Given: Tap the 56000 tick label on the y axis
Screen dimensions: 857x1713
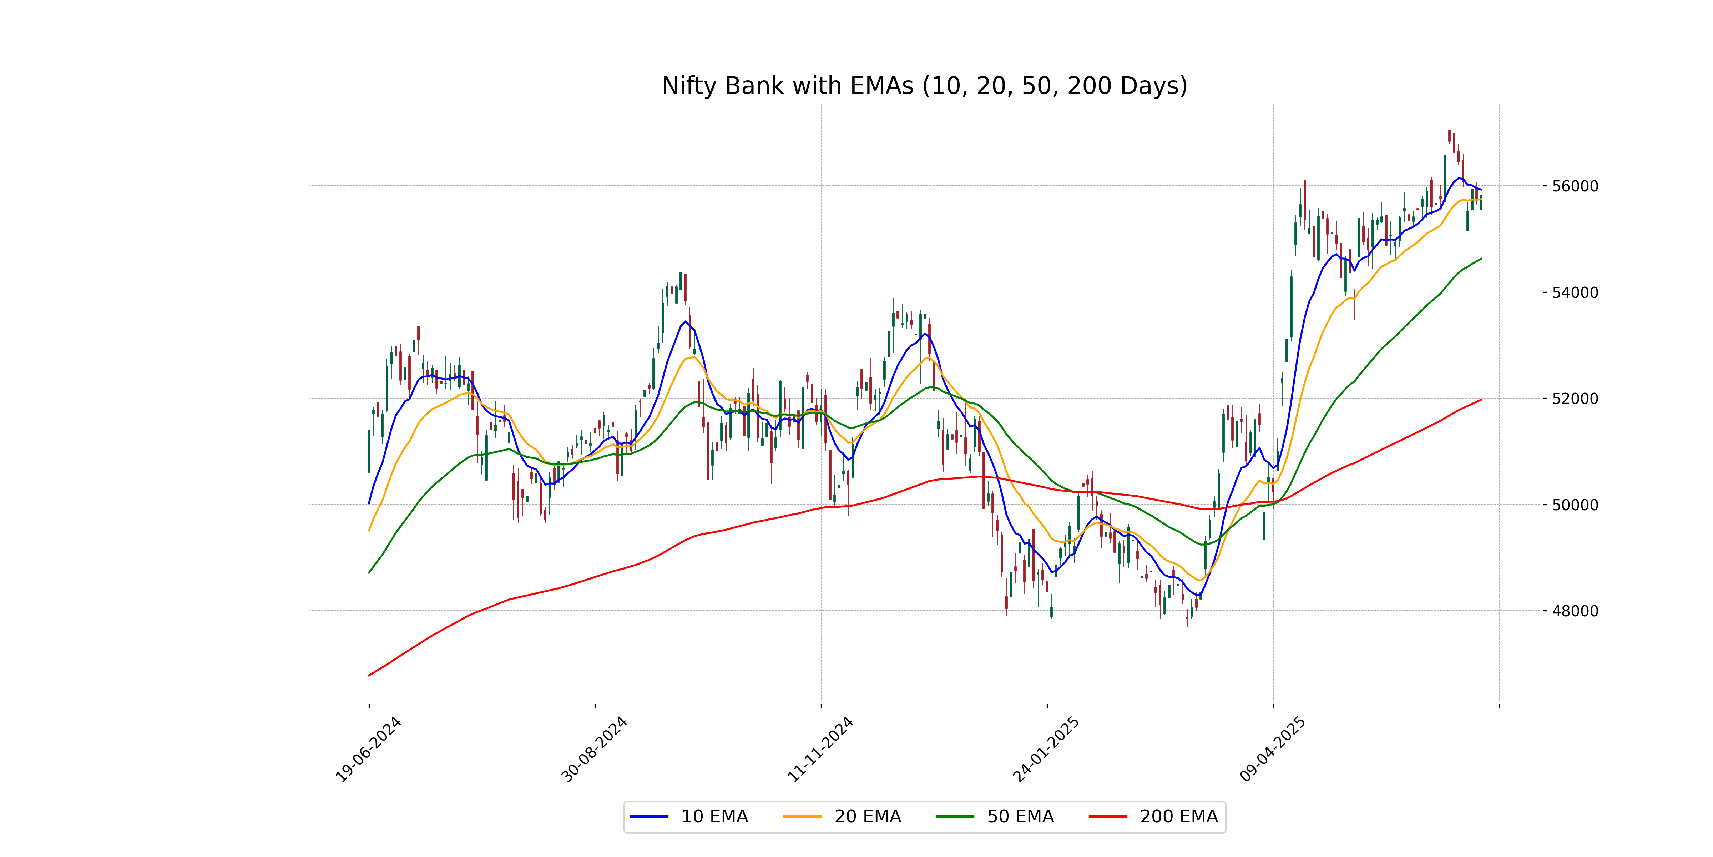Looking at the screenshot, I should click(1575, 186).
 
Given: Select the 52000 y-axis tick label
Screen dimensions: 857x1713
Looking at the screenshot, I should click(1575, 399).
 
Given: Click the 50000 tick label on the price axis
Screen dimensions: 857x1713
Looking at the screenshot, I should click(1575, 505).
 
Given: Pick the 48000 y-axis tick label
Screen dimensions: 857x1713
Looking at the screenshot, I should click(1575, 611).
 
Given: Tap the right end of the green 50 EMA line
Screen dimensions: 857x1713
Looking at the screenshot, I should click(1481, 259).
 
